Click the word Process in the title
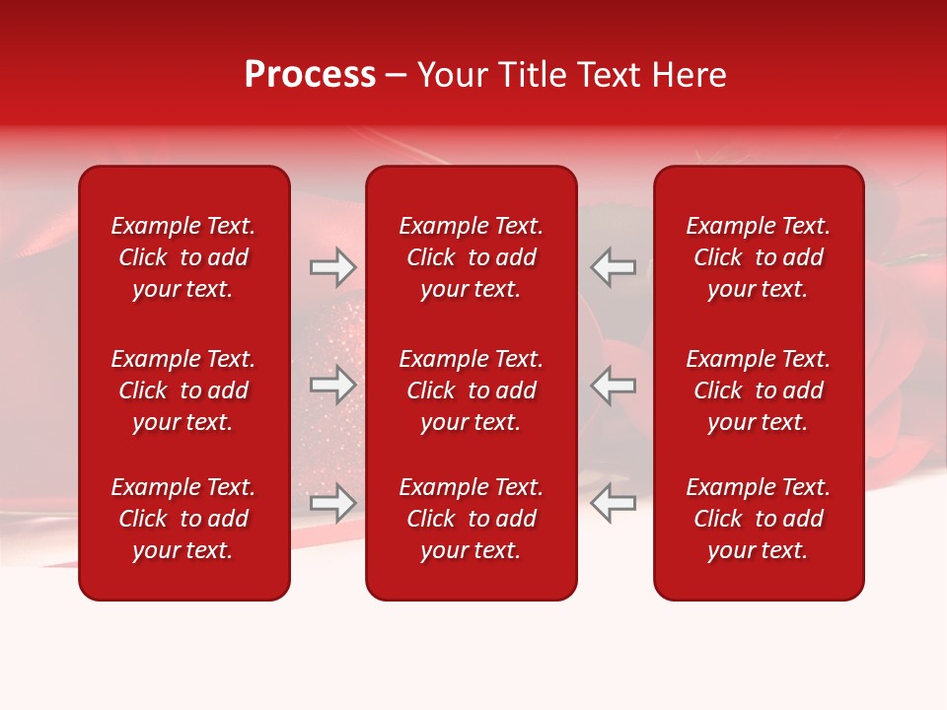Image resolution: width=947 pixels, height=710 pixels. (x=310, y=75)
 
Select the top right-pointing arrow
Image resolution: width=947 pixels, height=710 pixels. (x=333, y=267)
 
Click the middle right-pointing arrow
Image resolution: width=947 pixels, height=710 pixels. (x=333, y=385)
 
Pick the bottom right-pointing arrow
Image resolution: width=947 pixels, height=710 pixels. (x=333, y=503)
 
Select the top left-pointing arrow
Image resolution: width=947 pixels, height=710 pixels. (x=613, y=267)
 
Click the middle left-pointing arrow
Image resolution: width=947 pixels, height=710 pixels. (x=613, y=385)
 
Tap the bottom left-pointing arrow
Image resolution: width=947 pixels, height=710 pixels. (x=613, y=503)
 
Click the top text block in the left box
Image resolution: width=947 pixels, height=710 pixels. (x=183, y=257)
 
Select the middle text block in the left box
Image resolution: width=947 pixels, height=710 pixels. (x=183, y=390)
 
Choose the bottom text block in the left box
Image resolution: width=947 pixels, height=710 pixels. (x=183, y=519)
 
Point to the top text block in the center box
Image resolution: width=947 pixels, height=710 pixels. (x=472, y=257)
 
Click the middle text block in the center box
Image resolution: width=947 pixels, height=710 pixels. (x=472, y=390)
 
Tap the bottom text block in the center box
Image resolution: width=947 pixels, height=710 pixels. (x=472, y=519)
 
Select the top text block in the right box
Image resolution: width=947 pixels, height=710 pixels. (x=759, y=257)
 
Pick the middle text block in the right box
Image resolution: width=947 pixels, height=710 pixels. (x=759, y=390)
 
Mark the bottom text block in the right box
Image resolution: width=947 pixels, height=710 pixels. (x=759, y=519)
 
